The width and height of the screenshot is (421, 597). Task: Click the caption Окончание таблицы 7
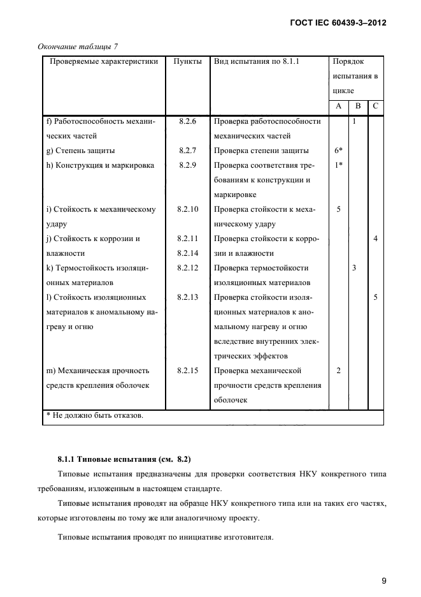pyautogui.click(x=78, y=47)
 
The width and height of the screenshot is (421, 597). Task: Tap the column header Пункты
pyautogui.click(x=187, y=62)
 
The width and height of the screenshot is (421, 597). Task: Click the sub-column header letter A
pyautogui.click(x=338, y=106)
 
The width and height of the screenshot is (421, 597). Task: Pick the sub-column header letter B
pyautogui.click(x=358, y=106)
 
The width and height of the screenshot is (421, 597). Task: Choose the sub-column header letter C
pyautogui.click(x=376, y=106)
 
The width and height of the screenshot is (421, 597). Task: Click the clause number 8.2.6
pyautogui.click(x=187, y=121)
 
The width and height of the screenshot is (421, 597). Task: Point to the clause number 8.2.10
pyautogui.click(x=187, y=209)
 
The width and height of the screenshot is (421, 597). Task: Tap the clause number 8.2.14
pyautogui.click(x=187, y=253)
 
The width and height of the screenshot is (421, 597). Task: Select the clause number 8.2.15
pyautogui.click(x=187, y=371)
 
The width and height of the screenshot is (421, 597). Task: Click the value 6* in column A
pyautogui.click(x=338, y=151)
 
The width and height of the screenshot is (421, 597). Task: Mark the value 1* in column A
pyautogui.click(x=338, y=165)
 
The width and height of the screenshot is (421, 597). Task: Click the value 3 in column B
pyautogui.click(x=354, y=268)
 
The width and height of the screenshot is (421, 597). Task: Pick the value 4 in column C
pyautogui.click(x=376, y=239)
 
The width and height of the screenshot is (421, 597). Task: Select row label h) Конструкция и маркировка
pyautogui.click(x=101, y=165)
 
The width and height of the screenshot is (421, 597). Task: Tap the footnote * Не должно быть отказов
pyautogui.click(x=95, y=416)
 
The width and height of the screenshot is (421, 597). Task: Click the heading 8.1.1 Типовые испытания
pyautogui.click(x=124, y=459)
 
